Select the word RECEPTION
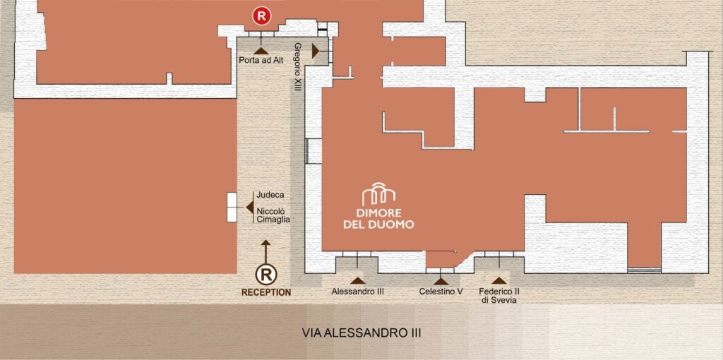click(266, 292)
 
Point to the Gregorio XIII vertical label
click(297, 67)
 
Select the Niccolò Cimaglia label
click(273, 215)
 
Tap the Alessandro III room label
click(357, 292)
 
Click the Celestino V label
click(441, 292)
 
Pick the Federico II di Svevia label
click(499, 296)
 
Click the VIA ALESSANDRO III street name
click(361, 332)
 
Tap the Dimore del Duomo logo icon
click(378, 194)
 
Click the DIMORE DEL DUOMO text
click(378, 219)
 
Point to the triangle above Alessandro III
click(357, 281)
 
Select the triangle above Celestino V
click(441, 281)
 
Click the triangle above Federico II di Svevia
click(498, 281)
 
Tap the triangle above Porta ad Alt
click(261, 51)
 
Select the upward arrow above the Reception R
click(265, 251)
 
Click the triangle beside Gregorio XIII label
click(316, 51)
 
